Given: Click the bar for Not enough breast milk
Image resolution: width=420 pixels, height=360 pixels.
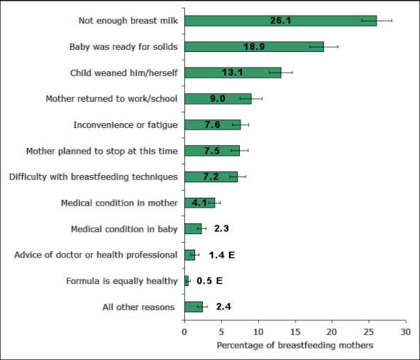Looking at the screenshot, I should point(280,21).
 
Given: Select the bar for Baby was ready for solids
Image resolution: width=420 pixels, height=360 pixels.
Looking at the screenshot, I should point(253,47).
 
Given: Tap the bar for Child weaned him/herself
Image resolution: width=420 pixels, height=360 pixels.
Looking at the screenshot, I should point(232,73).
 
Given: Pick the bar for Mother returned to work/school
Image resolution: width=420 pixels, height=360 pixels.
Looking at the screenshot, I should point(217,99).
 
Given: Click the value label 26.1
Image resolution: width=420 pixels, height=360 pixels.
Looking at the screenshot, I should point(280,21).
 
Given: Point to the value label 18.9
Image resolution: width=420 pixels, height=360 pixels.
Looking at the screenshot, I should point(254,47).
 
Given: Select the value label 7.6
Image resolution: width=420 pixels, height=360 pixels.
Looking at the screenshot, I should point(212,125).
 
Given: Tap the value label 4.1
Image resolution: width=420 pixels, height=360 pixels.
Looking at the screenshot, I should point(199,203).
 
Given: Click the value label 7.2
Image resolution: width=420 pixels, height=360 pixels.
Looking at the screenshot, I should point(211,176).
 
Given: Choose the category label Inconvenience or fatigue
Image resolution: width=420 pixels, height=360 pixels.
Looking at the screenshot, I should point(125,125).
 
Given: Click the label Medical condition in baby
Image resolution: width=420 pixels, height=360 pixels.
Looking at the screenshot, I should point(124,229).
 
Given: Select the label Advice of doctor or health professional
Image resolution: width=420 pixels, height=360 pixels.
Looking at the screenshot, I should point(96,255).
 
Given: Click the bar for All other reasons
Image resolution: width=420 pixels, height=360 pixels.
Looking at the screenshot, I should point(193,307).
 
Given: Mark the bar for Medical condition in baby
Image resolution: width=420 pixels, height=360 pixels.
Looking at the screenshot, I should point(192,229).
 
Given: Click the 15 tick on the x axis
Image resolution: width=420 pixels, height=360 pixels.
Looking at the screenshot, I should point(295,332).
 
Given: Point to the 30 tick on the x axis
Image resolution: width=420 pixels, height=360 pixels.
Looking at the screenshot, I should point(405,332).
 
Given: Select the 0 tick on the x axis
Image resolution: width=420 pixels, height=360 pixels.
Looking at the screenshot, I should point(185,332).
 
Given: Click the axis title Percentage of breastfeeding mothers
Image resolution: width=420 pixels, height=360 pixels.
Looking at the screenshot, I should point(295,345).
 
